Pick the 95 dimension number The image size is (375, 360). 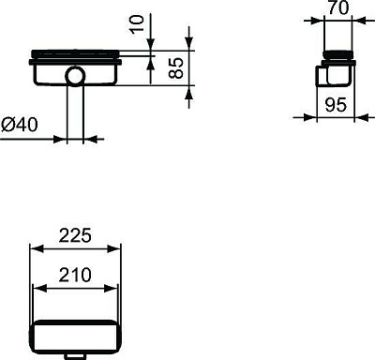point(336,104)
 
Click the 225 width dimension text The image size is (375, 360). point(75,236)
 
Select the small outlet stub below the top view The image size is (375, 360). point(74,355)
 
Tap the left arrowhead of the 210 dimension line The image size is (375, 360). point(38,288)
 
